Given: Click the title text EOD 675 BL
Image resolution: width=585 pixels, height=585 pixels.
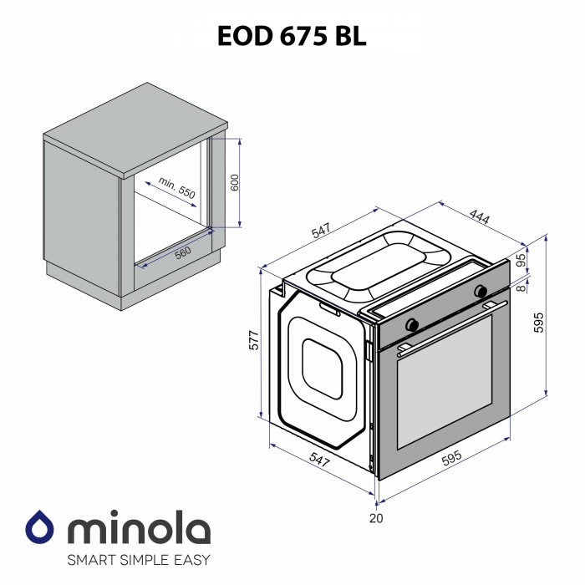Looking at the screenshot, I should (292, 37).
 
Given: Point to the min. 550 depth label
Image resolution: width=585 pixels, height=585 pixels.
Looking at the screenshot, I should (177, 188).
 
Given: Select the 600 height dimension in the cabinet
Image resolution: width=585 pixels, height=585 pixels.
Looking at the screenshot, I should (236, 182).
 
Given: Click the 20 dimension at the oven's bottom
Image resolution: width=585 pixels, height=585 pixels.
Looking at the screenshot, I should (376, 519).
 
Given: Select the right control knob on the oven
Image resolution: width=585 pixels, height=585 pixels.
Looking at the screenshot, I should (481, 292).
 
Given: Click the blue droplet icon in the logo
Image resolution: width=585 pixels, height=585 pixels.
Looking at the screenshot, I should (39, 527).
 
